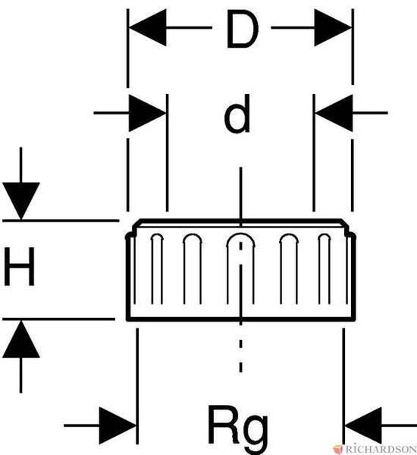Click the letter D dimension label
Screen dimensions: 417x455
[x=243, y=29]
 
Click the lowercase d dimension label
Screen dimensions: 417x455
[x=237, y=114]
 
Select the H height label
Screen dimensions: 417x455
[x=20, y=266]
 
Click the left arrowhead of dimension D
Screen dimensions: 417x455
[x=147, y=27]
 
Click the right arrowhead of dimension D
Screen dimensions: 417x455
[x=333, y=28]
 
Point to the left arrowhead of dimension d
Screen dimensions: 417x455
[x=147, y=112]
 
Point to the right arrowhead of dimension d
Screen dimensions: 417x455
[x=334, y=112]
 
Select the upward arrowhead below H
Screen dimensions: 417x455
[x=21, y=339]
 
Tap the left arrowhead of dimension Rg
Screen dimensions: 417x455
[x=118, y=425]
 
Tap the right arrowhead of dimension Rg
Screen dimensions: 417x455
[x=362, y=425]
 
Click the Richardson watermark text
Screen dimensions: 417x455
[x=381, y=449]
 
